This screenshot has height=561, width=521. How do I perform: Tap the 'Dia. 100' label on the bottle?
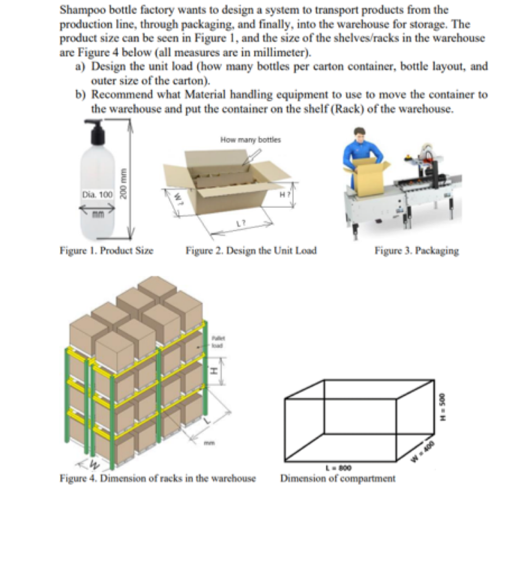pyautogui.click(x=97, y=194)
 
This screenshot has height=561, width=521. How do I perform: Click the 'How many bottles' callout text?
pyautogui.click(x=250, y=140)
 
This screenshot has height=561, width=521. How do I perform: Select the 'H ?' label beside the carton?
pyautogui.click(x=284, y=194)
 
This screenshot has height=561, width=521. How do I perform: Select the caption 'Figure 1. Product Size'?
pyautogui.click(x=106, y=251)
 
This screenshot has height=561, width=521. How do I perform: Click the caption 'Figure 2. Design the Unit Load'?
pyautogui.click(x=250, y=251)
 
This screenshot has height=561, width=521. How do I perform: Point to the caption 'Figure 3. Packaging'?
pyautogui.click(x=416, y=251)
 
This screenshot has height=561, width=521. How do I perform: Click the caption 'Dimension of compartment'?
pyautogui.click(x=337, y=478)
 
